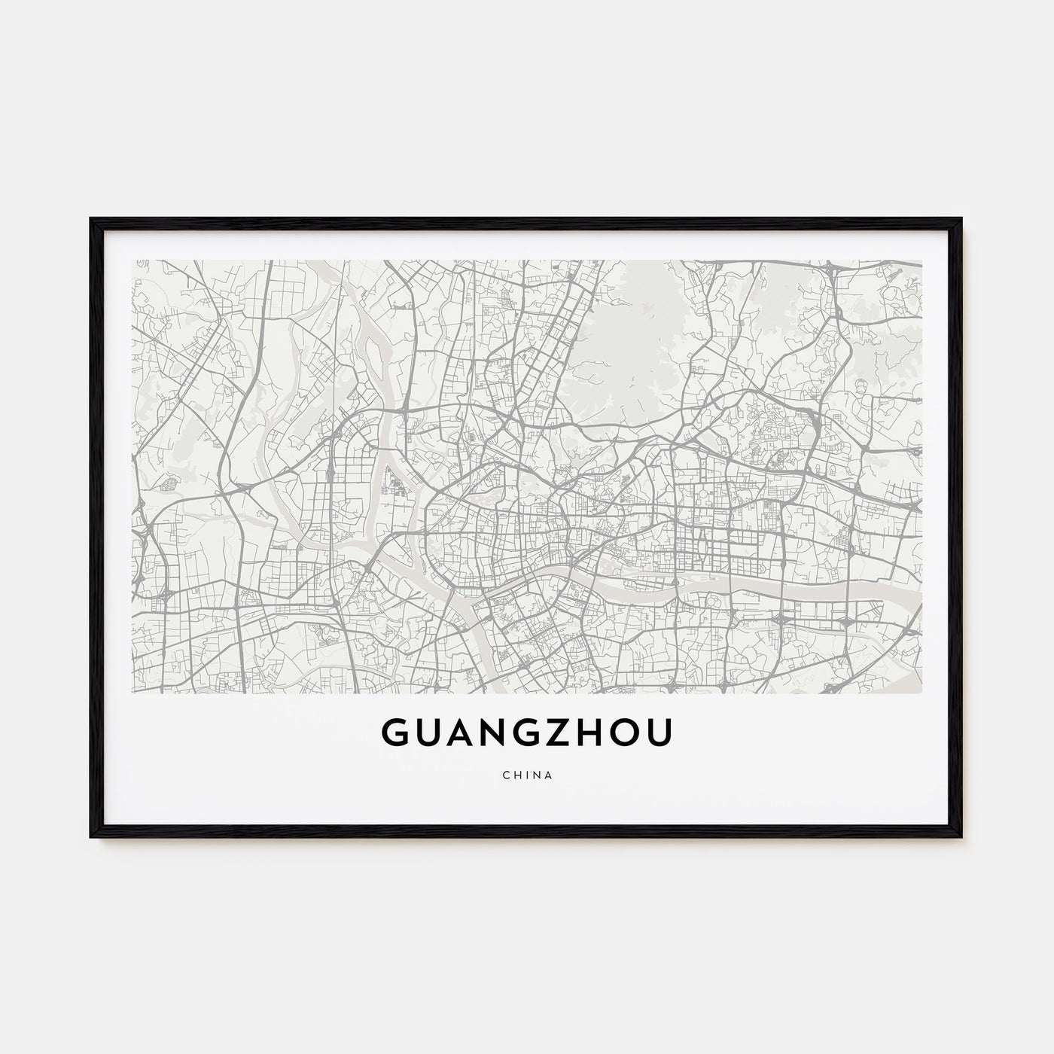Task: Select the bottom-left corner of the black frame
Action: pos(92,836)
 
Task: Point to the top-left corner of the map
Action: pos(133,261)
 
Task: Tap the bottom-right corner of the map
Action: pos(921,692)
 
